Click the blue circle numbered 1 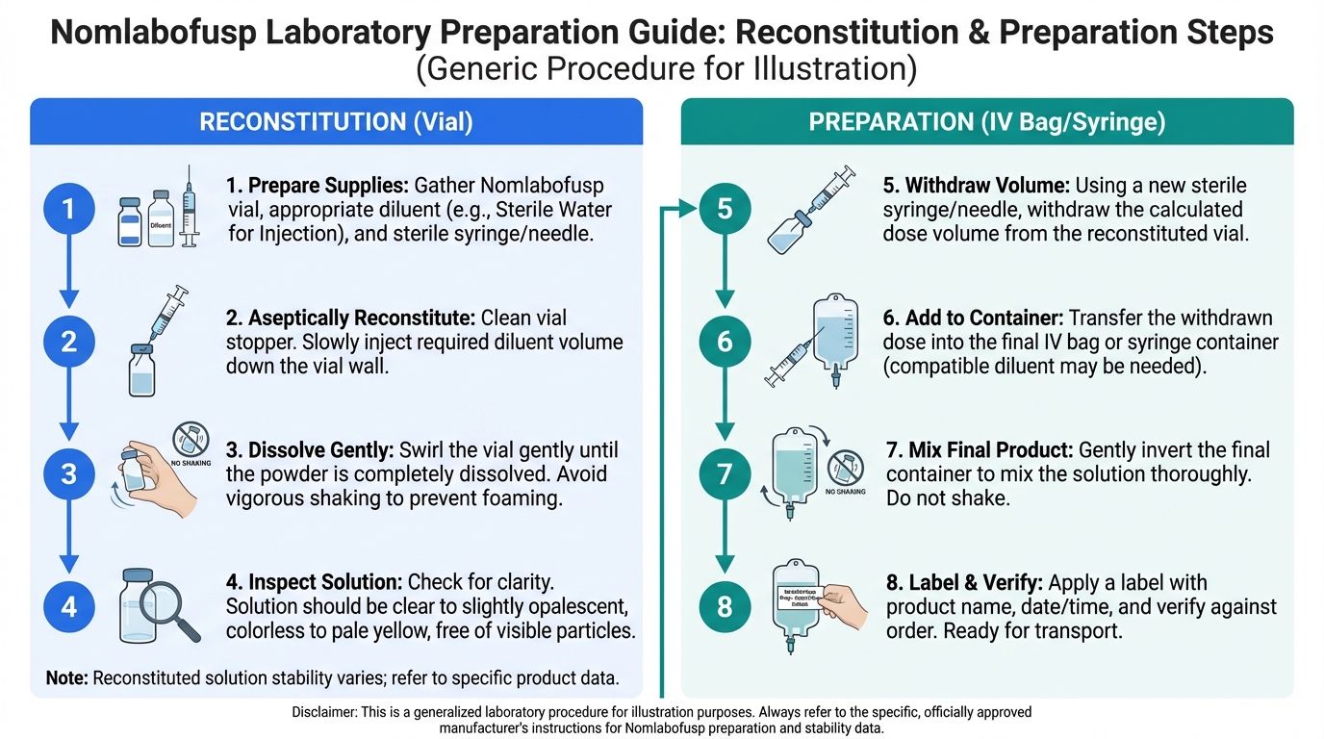coord(69,209)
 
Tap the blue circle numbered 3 coord(69,473)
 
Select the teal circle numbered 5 coord(725,209)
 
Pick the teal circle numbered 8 coord(725,607)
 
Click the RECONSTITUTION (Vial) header coord(336,122)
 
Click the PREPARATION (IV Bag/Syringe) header coord(987,122)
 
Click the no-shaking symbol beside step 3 coord(190,440)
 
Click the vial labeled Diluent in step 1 coord(162,218)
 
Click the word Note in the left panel coord(67,677)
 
